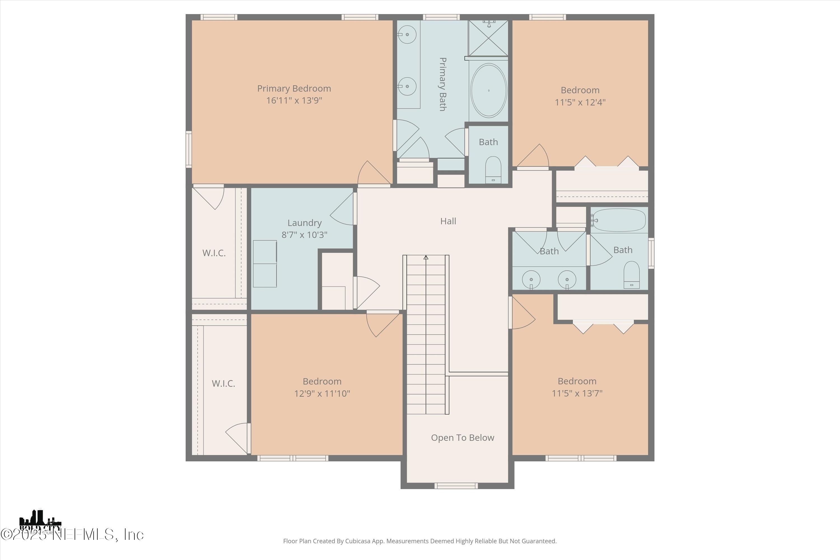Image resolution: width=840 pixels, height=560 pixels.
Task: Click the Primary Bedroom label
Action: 294,88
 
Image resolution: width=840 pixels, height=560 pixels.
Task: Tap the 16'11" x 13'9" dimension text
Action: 294,100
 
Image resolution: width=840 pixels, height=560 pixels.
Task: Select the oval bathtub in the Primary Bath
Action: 488,90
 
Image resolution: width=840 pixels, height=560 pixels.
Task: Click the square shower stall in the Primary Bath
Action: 488,38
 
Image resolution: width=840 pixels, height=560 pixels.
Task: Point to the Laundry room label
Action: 304,223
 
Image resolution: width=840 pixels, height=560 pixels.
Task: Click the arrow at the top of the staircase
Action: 426,257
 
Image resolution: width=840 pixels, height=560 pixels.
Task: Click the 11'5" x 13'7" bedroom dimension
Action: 577,393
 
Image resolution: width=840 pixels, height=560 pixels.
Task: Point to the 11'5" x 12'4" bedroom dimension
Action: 580,102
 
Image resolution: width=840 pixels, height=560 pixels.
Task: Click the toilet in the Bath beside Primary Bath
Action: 493,170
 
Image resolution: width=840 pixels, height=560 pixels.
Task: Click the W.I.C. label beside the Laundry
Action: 214,253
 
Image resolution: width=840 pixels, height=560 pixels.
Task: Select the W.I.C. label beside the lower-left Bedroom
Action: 223,384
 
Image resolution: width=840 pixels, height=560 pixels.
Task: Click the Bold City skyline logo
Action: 40,522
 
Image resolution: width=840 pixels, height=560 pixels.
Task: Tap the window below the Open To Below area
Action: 456,486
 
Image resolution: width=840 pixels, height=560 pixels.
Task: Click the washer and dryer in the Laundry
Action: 265,263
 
